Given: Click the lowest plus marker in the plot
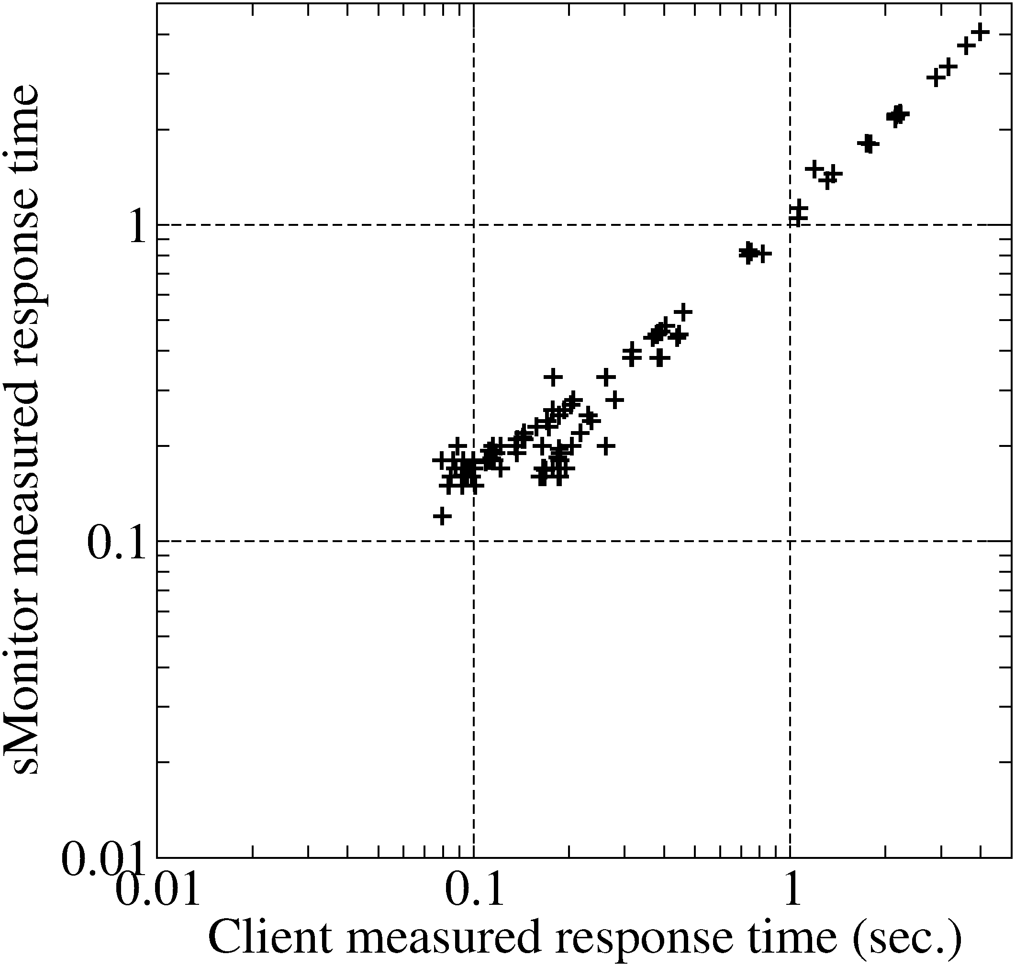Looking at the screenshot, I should click(442, 515).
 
